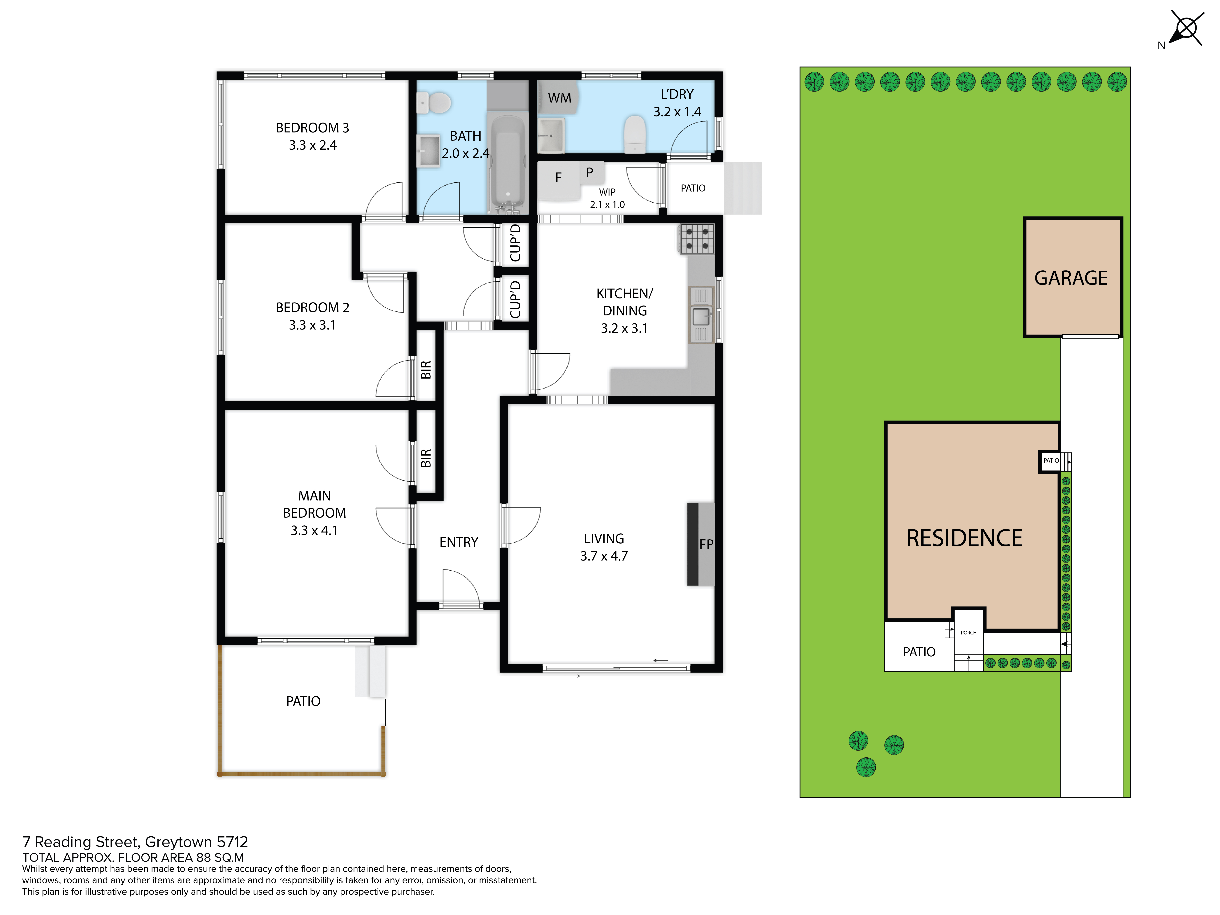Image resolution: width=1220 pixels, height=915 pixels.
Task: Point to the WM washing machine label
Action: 559,98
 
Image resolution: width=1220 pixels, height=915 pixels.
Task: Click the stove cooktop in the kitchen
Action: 697,239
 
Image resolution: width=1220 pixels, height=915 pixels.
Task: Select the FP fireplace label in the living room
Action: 706,544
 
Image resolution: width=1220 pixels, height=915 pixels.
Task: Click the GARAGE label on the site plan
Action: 1071,278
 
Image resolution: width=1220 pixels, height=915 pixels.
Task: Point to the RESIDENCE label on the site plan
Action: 964,538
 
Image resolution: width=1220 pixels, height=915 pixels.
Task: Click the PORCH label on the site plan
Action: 968,633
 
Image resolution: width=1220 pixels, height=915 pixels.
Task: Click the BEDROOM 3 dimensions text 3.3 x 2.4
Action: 313,145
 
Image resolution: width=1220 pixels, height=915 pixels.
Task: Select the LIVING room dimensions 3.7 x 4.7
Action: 604,556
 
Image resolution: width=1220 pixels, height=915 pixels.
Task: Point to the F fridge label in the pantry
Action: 558,178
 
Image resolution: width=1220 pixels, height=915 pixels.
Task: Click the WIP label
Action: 607,192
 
